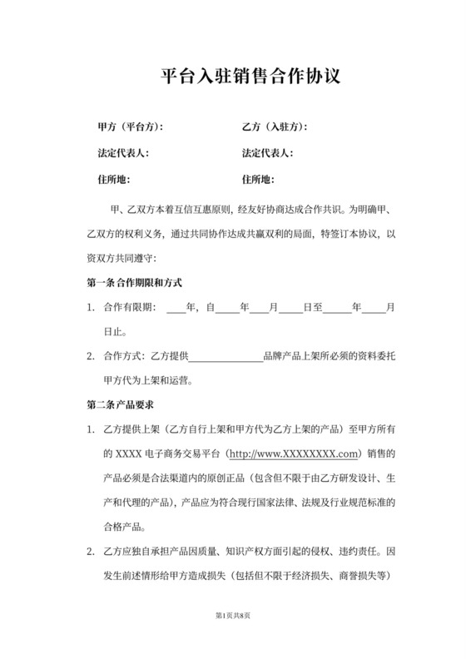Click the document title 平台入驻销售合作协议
(x=250, y=77)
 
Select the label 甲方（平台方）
(x=131, y=127)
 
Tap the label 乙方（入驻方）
(x=275, y=127)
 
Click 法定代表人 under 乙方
(x=267, y=153)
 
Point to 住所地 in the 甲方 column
(x=114, y=179)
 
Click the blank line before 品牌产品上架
(x=226, y=357)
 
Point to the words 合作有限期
(x=128, y=307)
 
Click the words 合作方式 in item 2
(x=123, y=357)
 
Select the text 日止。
(x=115, y=331)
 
